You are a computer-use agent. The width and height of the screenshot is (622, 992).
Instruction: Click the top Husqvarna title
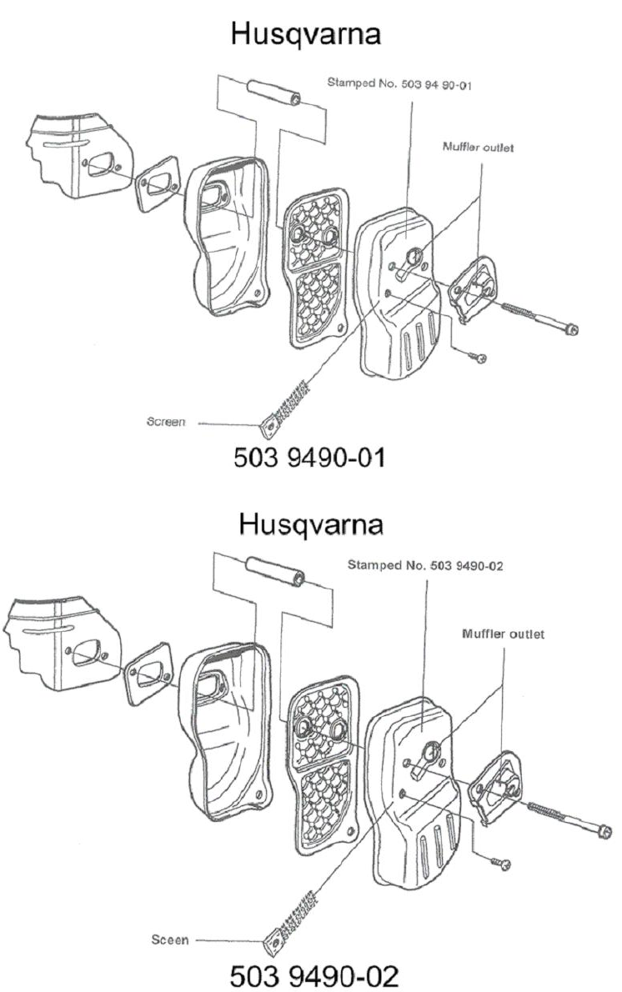click(310, 35)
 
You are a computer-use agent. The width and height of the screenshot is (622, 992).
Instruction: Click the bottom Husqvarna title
click(310, 526)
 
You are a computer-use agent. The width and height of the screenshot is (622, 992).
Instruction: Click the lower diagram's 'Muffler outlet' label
click(503, 634)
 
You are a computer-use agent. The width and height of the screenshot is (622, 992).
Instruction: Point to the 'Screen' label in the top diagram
click(168, 423)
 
